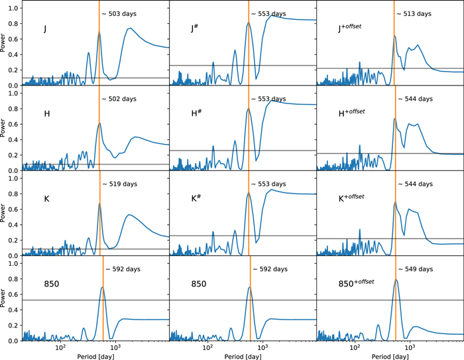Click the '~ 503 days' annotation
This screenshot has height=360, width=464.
tap(119, 14)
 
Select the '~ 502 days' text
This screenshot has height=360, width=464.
tap(119, 99)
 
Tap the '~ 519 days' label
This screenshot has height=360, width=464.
tap(120, 184)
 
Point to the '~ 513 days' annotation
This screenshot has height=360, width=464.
tap(414, 14)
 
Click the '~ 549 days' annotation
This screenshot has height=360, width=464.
tap(416, 269)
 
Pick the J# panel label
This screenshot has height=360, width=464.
tap(194, 29)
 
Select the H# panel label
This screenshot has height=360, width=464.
tap(196, 113)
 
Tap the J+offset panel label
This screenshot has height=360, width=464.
tap(350, 28)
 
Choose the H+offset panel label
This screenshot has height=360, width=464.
tap(351, 113)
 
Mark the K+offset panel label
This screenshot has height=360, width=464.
tap(351, 198)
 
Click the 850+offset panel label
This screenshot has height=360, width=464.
tap(357, 283)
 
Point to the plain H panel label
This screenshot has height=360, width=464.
tap(47, 113)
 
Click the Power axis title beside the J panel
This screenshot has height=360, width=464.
tap(3, 43)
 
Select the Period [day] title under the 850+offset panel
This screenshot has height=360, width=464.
tap(390, 356)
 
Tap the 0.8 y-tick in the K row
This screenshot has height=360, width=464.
tap(14, 194)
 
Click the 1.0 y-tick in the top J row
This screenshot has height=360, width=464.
tap(14, 9)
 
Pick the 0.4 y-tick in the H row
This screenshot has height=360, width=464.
tap(14, 140)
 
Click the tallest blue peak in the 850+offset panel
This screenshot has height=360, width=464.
tap(396, 279)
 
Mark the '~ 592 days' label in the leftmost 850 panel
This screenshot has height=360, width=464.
tap(123, 269)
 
